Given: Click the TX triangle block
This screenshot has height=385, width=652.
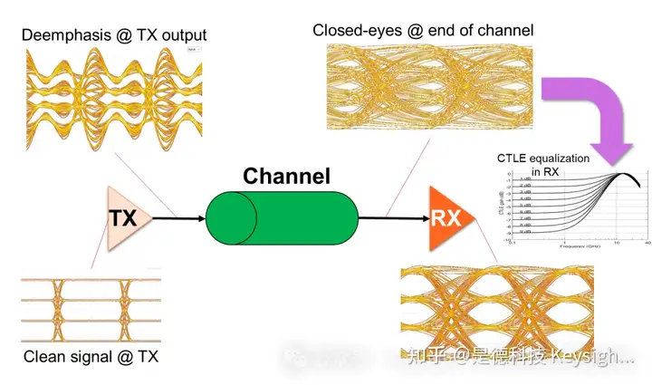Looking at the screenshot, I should pos(124,218).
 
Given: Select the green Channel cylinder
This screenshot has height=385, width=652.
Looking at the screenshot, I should pos(281,218).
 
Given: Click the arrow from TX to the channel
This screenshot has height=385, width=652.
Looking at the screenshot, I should pos(177,218).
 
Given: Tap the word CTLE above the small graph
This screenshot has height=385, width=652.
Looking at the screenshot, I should pos(514,159).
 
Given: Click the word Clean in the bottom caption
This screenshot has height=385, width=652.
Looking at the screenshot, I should pos(43,356).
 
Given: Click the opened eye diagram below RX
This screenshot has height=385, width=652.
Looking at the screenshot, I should pos(496,308).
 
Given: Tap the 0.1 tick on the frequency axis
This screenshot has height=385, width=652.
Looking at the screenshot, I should pos(513,243).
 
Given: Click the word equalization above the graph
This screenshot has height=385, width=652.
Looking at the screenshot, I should pos(561,159).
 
